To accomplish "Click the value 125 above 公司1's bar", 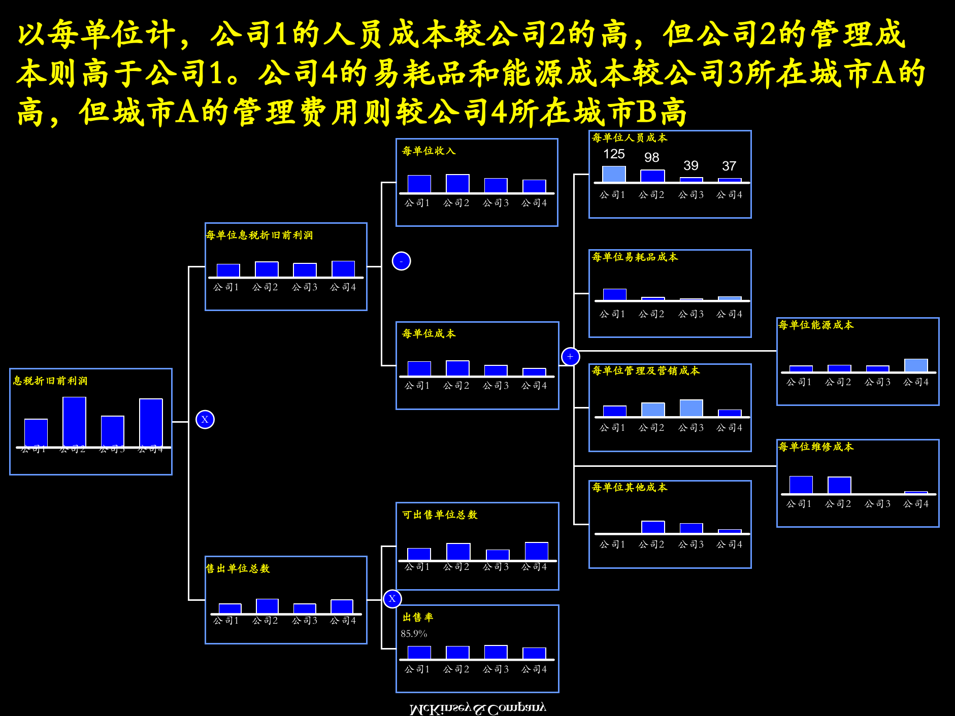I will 614,154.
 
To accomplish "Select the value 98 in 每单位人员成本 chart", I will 652,157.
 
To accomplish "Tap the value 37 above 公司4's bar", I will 729,166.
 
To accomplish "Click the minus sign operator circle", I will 401,261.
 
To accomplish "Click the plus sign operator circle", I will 570,357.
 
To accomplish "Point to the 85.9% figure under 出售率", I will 414,634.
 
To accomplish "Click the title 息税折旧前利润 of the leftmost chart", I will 50,381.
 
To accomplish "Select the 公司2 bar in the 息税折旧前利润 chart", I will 74,421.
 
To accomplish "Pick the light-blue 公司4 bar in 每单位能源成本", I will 916,365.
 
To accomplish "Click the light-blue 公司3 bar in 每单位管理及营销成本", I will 691,408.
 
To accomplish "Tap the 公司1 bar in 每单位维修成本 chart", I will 801,485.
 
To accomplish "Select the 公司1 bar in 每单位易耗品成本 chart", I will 614,294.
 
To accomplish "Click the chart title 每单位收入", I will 429,151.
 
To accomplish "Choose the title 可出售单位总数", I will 440,515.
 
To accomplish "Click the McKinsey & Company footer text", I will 477,708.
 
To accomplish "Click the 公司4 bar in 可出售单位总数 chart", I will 536,551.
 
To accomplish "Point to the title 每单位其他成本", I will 630,487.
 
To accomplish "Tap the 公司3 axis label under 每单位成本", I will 496,386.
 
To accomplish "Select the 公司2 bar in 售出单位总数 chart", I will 267,606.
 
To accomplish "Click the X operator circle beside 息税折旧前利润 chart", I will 205,420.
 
